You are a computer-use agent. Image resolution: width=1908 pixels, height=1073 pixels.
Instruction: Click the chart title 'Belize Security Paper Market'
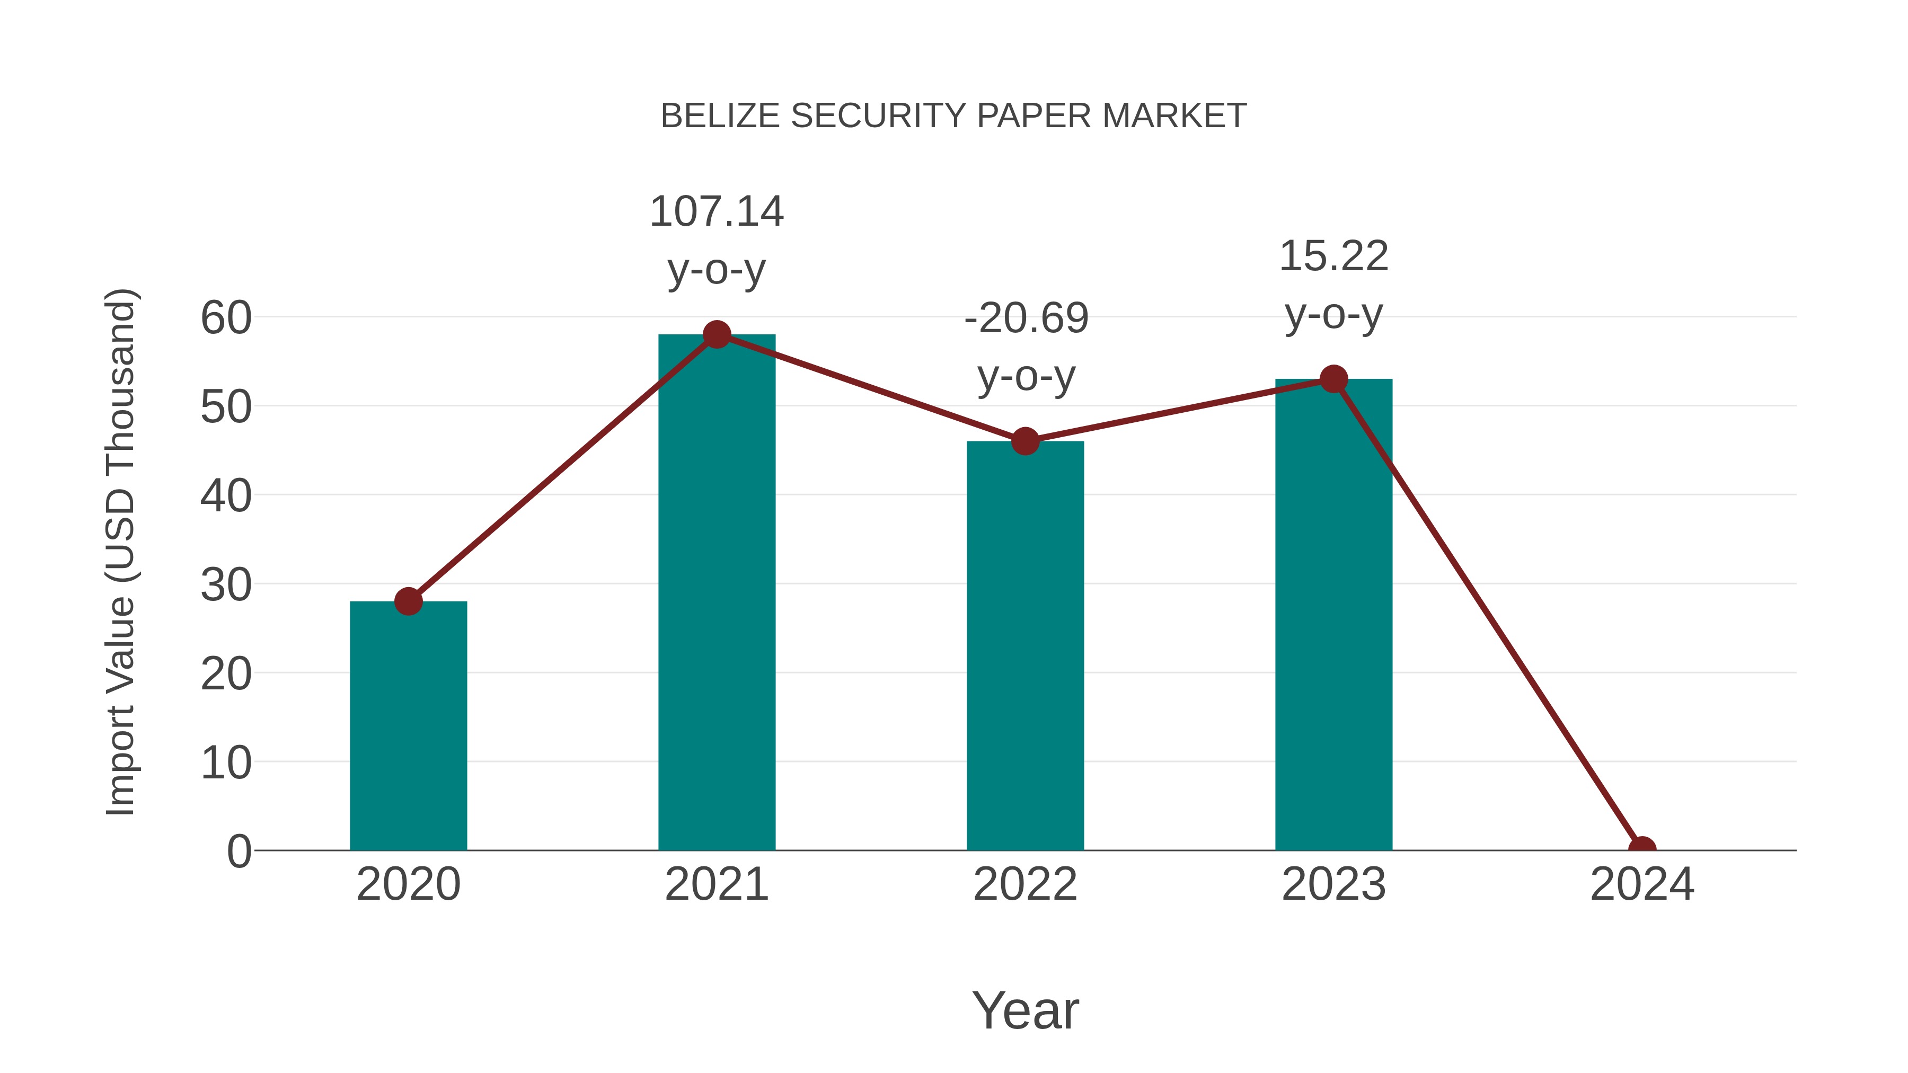953,116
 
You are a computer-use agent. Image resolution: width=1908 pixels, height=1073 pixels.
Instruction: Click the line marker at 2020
408,601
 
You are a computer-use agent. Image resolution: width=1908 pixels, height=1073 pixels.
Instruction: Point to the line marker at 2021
716,335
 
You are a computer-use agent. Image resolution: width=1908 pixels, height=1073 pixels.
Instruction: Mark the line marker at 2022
1025,441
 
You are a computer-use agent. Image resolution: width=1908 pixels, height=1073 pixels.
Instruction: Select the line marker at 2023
1333,379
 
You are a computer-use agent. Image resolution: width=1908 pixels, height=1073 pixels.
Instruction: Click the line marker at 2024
1642,849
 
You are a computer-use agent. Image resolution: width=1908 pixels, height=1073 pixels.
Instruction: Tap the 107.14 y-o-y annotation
716,241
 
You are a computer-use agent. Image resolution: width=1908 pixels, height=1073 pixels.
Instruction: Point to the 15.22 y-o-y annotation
1333,285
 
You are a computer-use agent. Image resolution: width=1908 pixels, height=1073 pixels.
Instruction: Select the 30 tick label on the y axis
226,585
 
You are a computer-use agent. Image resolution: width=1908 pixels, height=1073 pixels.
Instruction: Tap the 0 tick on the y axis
238,852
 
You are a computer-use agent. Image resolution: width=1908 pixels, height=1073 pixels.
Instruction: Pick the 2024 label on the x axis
1642,884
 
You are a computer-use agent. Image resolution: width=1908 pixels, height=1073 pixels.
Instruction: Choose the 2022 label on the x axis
1025,884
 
